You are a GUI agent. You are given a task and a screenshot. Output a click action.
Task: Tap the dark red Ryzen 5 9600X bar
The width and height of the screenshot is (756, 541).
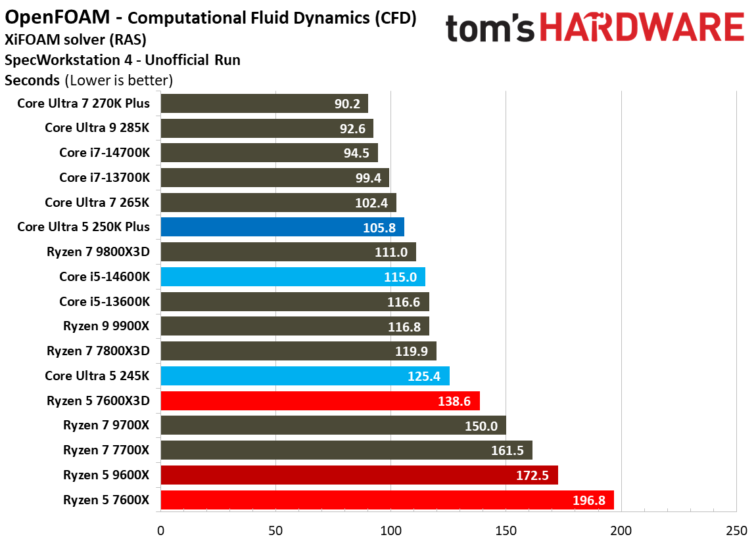(x=358, y=475)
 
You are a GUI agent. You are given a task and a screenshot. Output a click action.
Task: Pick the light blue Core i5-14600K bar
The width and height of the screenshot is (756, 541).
(x=292, y=276)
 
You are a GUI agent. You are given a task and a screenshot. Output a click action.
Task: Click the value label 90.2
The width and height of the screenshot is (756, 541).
(x=346, y=104)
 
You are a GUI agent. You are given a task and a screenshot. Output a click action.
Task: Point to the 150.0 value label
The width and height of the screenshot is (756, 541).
(x=484, y=425)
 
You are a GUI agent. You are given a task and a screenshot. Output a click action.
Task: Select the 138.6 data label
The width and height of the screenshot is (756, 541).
(x=454, y=400)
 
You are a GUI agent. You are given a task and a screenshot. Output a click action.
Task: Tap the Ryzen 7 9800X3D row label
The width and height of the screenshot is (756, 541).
(x=98, y=252)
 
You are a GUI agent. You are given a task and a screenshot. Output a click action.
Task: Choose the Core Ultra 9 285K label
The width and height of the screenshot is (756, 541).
(x=97, y=128)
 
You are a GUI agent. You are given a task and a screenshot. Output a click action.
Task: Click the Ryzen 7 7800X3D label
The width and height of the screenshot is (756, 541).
(x=98, y=351)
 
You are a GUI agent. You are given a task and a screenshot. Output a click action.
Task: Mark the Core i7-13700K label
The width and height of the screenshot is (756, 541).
(x=104, y=178)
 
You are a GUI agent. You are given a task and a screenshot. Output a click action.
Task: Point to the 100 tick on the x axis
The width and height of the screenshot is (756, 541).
(x=390, y=529)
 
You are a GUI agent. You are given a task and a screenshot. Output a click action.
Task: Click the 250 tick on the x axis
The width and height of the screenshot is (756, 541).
(x=736, y=529)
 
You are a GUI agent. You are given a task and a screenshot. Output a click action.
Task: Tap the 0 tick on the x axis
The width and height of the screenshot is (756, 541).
(x=160, y=529)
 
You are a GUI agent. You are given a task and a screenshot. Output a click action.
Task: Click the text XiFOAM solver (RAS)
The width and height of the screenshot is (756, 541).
(x=76, y=39)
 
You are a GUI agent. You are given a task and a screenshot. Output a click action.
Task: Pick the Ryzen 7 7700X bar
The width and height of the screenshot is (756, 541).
(x=346, y=450)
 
